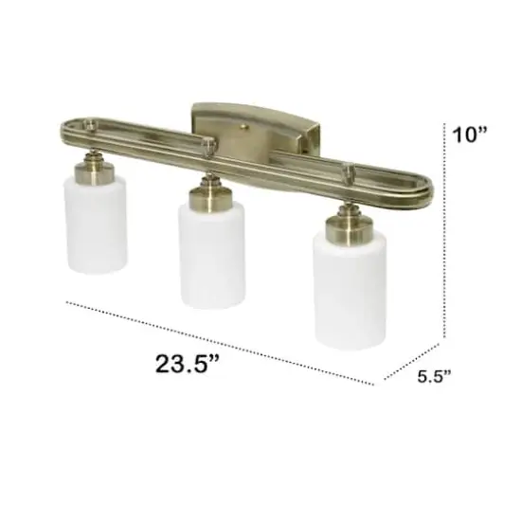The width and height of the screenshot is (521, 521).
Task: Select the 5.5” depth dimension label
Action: click(435, 376)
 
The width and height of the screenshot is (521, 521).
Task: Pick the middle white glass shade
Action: click(211, 251)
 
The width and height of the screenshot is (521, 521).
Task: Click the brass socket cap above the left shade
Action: click(96, 170)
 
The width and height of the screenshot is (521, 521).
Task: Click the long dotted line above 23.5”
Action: click(218, 342)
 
